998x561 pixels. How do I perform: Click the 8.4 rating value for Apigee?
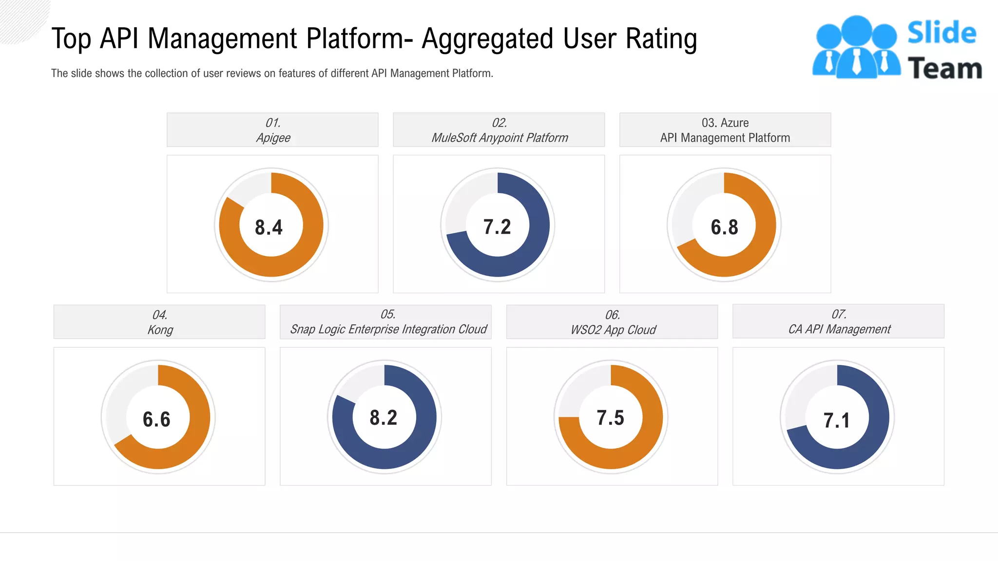269,227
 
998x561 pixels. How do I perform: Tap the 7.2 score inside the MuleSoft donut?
497,227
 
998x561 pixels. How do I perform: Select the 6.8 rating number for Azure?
724,227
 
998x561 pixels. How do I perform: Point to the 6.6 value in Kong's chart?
156,419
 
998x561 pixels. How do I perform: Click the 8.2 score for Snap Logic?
384,418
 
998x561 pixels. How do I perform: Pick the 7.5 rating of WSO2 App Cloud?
610,418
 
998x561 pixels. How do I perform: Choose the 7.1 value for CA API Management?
837,420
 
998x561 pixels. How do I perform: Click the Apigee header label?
273,138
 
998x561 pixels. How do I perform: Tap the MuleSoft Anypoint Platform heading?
499,138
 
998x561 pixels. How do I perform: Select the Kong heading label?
160,330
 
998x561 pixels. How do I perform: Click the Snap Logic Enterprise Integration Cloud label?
388,329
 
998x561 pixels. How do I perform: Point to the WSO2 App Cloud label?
613,330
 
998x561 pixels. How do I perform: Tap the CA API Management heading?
839,329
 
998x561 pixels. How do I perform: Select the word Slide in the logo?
941,33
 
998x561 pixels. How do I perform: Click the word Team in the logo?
944,69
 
